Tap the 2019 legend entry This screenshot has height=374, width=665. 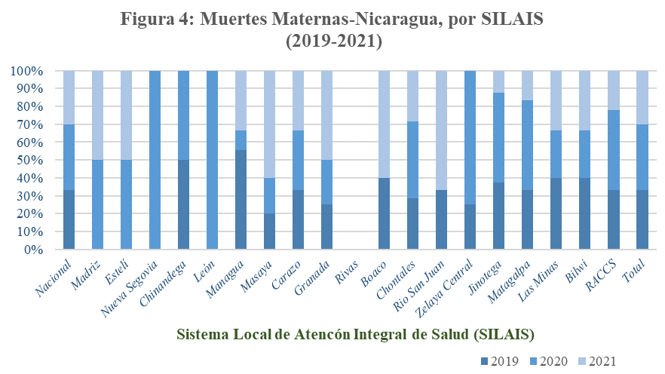(x=503, y=360)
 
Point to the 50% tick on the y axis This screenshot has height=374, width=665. (x=27, y=161)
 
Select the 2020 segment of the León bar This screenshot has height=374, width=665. (x=212, y=160)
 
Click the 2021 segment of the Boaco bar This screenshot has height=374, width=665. (x=385, y=124)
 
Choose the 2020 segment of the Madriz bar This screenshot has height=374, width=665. (x=97, y=204)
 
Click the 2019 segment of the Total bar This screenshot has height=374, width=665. (x=642, y=219)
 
